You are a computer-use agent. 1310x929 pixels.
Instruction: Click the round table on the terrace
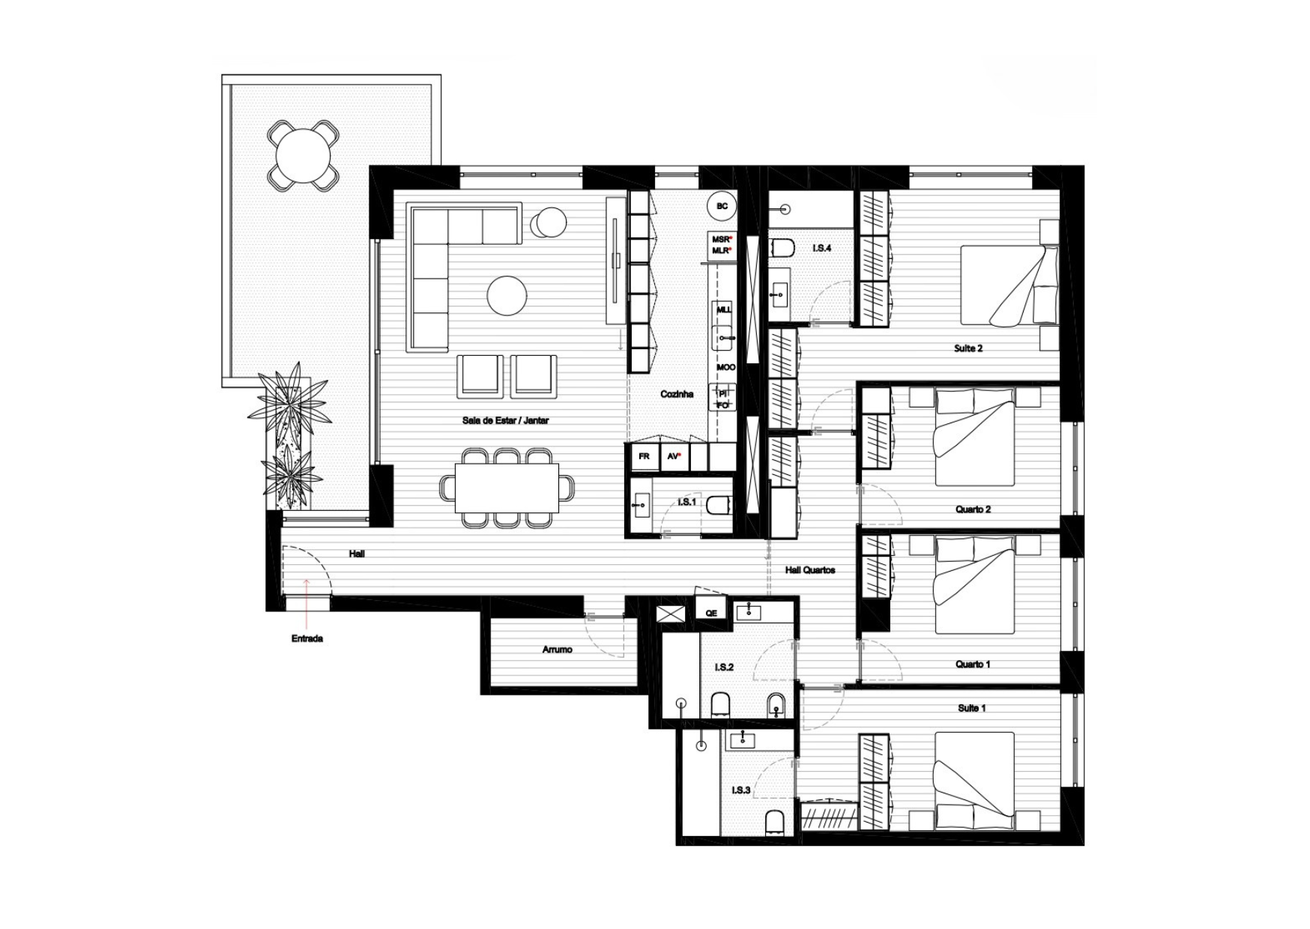coord(304,156)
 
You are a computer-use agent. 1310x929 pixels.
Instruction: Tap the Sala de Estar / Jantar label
coord(505,420)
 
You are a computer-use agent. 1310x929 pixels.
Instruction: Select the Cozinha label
coord(677,394)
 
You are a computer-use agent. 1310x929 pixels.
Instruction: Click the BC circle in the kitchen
coord(722,206)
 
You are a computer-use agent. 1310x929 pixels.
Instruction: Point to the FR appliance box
coord(644,456)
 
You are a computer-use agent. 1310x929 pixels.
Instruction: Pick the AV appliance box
coord(674,456)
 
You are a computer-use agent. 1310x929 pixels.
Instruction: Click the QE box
coord(711,613)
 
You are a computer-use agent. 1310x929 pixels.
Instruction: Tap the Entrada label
coord(307,639)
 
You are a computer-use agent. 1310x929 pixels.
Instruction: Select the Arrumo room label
coord(557,650)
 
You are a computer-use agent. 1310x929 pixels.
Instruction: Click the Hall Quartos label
coord(810,570)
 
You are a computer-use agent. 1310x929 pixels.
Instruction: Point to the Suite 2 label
coord(968,348)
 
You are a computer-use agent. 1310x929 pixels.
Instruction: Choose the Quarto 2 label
coord(973,509)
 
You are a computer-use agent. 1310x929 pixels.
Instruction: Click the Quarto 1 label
coord(973,665)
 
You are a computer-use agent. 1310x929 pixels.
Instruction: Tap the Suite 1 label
coord(972,708)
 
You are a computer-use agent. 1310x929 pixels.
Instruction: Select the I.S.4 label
coord(822,247)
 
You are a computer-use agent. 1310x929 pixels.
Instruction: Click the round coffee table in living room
coord(507,296)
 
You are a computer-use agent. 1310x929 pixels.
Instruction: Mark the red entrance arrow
coord(307,603)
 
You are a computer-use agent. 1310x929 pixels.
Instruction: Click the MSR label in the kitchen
coord(721,240)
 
